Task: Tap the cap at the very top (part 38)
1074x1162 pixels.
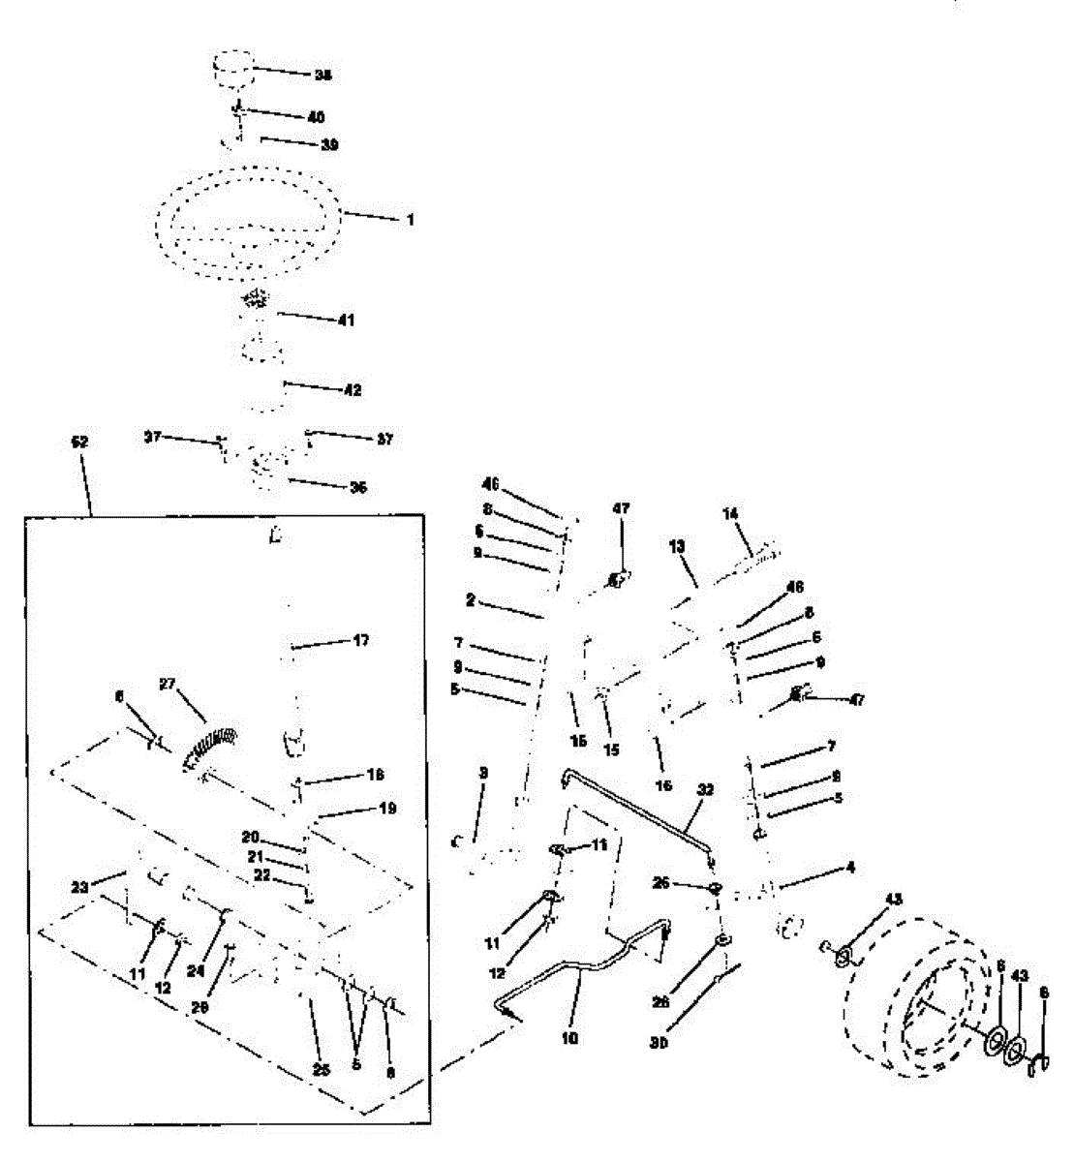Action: click(x=232, y=73)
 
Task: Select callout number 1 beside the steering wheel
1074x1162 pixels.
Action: click(x=410, y=221)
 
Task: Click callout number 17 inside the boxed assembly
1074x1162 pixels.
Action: click(x=360, y=640)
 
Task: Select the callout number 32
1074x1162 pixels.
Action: click(x=705, y=790)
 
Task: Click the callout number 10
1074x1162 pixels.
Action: click(x=570, y=1038)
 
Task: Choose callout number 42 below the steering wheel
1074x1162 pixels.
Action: click(x=352, y=390)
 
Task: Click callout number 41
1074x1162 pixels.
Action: click(x=346, y=320)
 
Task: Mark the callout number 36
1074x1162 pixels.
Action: click(x=358, y=487)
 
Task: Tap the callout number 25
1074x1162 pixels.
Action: click(x=322, y=1069)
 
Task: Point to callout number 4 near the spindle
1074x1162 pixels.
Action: click(x=850, y=868)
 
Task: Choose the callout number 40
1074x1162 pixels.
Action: click(x=316, y=117)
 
